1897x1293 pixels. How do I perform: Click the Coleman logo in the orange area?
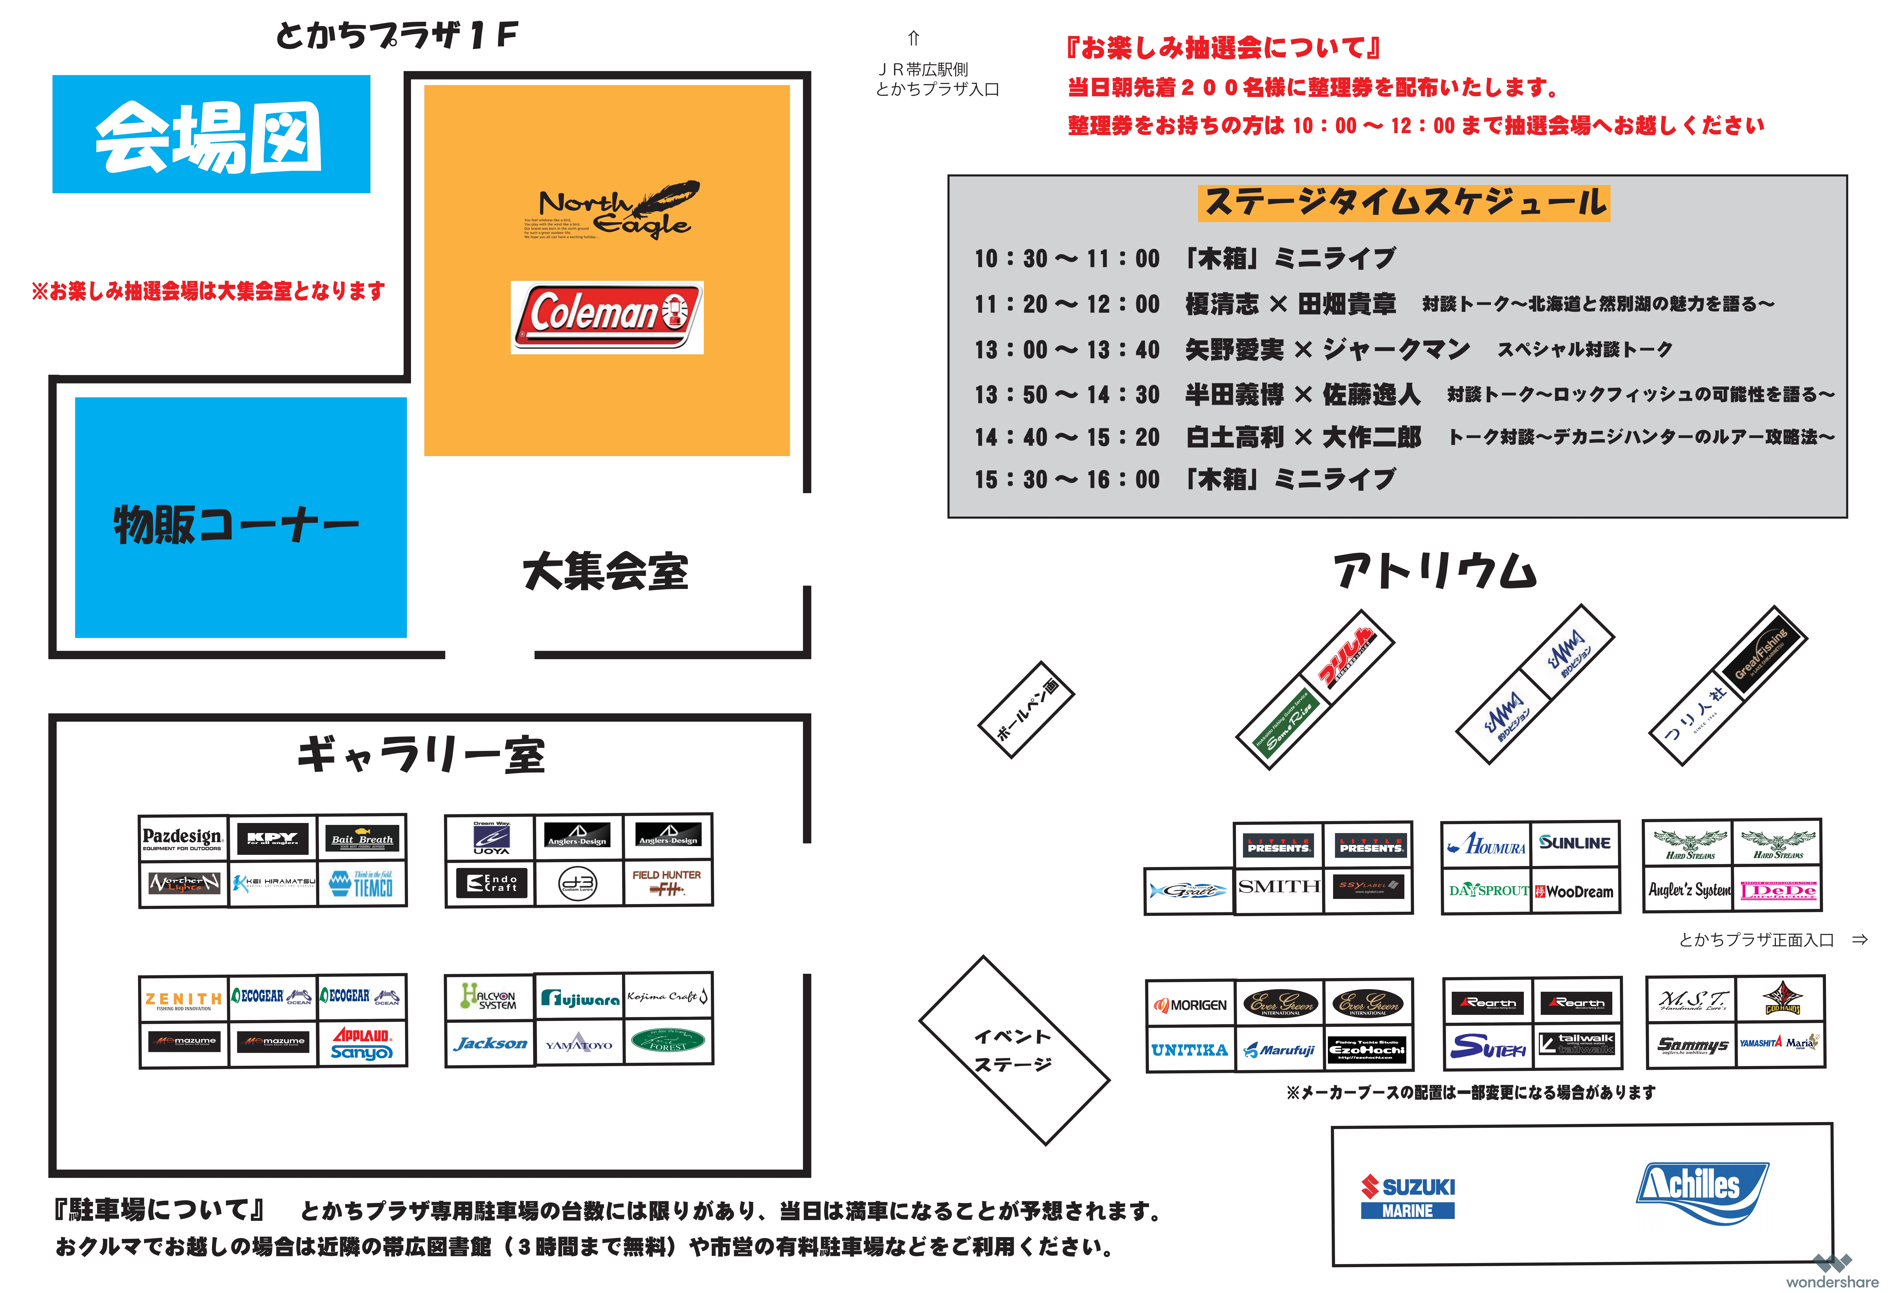pos(606,318)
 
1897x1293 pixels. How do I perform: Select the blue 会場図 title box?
pos(211,135)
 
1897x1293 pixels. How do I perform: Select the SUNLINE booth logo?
pos(1574,842)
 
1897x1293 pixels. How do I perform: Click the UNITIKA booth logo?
pos(1189,1050)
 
